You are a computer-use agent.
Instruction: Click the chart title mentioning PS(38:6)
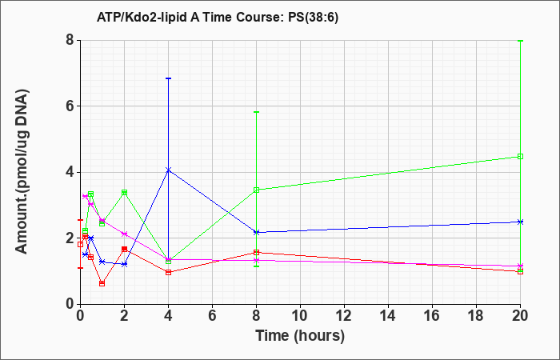point(217,18)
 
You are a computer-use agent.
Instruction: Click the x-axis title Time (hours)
point(300,336)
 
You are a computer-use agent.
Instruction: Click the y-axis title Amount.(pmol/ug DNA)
point(22,172)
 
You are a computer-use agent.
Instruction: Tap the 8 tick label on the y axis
point(70,40)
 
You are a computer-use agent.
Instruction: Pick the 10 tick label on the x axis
point(300,316)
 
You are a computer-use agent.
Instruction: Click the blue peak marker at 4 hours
point(168,170)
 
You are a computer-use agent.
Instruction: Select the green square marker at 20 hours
point(520,157)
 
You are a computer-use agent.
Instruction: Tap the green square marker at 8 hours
point(256,190)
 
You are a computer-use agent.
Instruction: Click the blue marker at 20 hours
point(520,222)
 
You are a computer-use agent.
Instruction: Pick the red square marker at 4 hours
point(168,273)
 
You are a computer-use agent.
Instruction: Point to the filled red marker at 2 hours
point(124,249)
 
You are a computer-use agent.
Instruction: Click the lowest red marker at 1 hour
point(102,283)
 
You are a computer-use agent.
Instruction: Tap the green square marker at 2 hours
point(124,193)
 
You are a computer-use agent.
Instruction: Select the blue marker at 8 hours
point(256,233)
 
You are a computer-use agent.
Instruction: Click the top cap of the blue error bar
point(168,78)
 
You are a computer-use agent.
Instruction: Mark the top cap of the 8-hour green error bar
point(256,112)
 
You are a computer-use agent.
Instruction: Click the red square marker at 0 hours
point(80,244)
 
